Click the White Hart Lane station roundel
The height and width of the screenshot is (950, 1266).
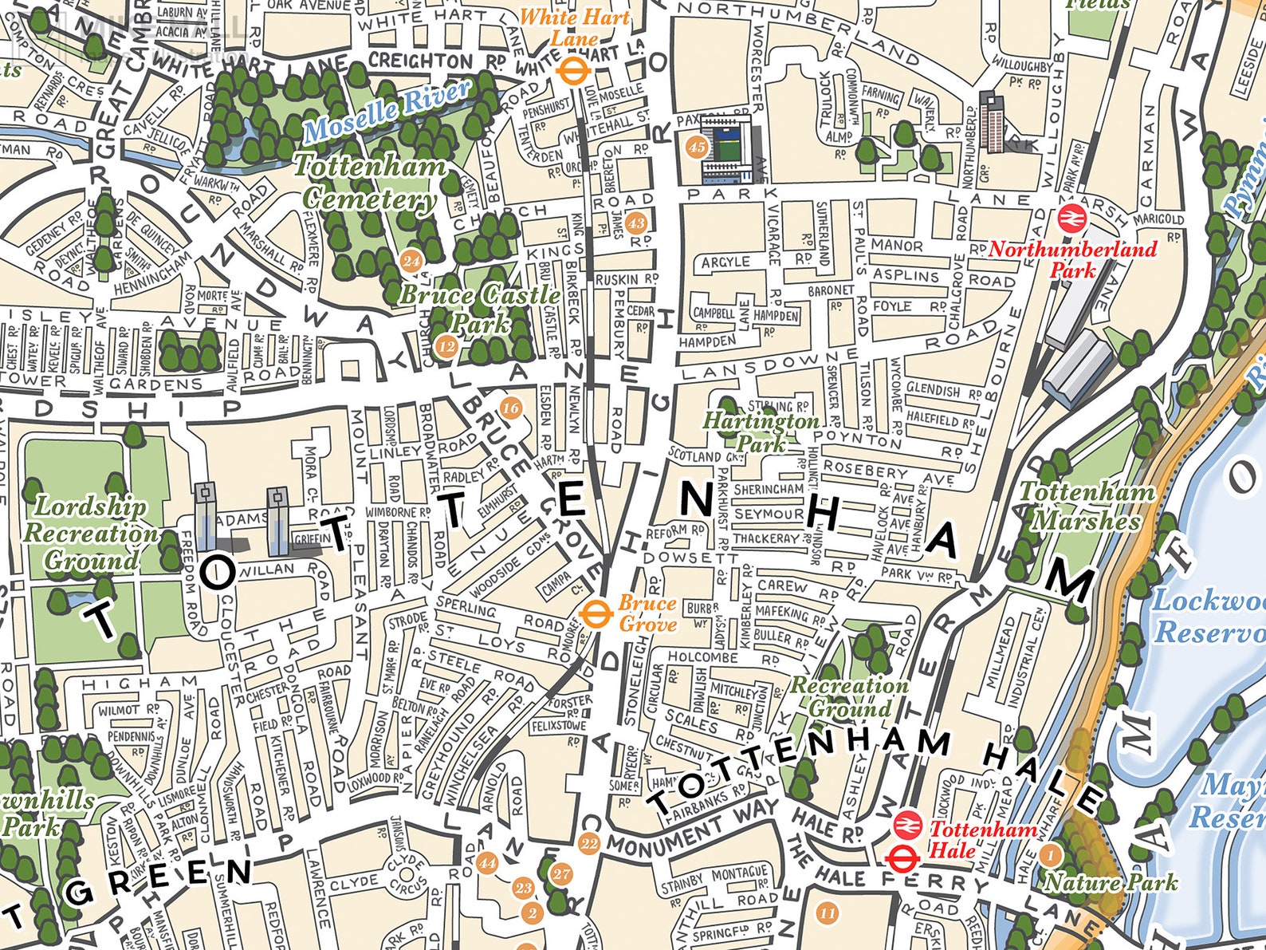[x=572, y=71]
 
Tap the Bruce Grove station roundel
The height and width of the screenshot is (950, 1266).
[x=594, y=614]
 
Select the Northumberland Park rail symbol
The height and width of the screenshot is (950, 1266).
[x=1070, y=217]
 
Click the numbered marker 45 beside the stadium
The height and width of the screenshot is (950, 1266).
[x=696, y=147]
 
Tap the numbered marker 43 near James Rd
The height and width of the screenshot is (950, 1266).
[x=635, y=223]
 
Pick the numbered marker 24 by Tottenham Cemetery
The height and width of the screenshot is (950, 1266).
[x=411, y=261]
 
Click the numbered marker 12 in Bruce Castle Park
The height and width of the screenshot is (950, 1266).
[x=446, y=346]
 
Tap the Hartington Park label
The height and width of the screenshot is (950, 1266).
[x=760, y=431]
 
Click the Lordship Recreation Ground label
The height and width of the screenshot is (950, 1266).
[x=89, y=533]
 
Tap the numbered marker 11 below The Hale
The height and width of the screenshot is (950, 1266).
[x=828, y=913]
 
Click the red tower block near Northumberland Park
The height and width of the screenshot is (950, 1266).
[x=992, y=121]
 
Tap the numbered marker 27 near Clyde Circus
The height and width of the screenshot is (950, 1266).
[x=561, y=873]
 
